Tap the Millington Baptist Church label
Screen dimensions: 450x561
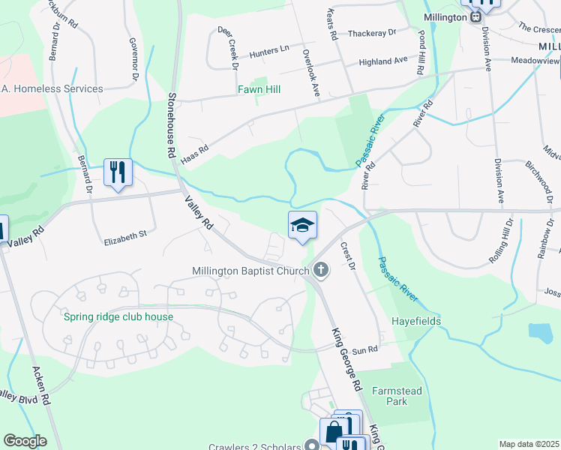tap(250, 271)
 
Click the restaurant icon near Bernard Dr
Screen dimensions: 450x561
tap(118, 172)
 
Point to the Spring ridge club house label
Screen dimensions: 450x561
tap(118, 316)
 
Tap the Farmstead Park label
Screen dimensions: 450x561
tap(397, 396)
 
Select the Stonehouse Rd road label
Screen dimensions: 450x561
tap(171, 124)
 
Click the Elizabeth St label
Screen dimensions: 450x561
tap(126, 236)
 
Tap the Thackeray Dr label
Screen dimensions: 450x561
tap(371, 33)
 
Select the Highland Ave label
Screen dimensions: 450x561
tap(382, 61)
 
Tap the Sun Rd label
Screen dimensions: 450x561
tap(364, 349)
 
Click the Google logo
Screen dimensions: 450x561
tap(25, 441)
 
